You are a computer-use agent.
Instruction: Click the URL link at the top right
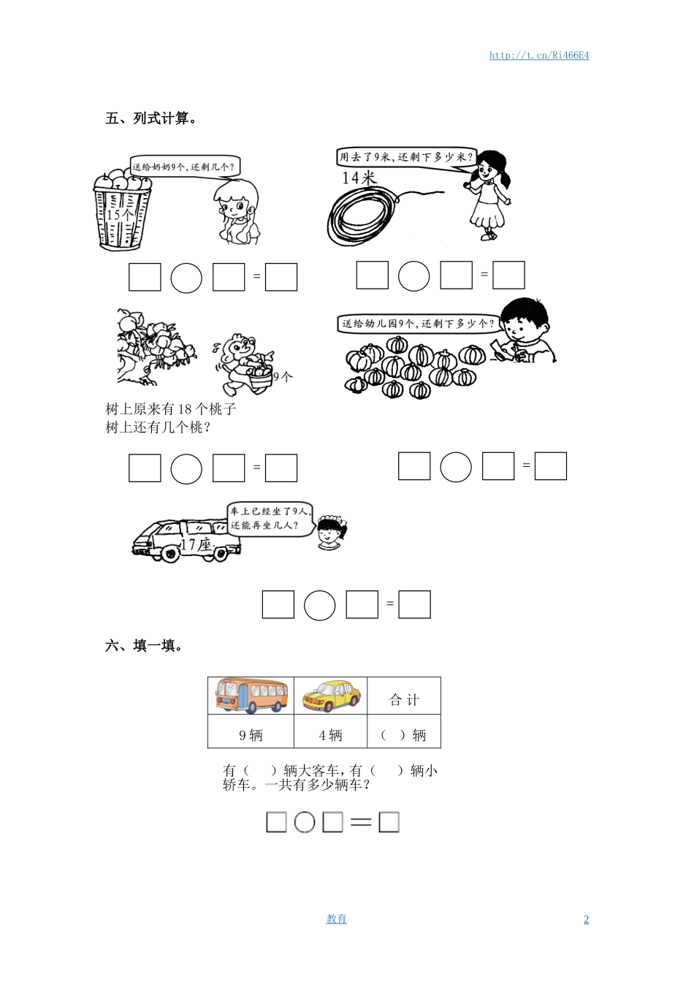539,56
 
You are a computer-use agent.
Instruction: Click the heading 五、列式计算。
151,118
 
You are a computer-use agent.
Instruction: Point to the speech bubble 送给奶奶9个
184,167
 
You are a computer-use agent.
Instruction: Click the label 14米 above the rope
358,178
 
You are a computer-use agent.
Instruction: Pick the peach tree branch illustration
154,346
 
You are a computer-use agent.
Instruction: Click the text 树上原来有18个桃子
171,409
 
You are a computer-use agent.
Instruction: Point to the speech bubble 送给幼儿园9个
417,323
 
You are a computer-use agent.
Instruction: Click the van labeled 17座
183,541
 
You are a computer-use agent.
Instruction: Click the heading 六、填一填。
145,646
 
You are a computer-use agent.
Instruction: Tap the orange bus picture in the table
251,696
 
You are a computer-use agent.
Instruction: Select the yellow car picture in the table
331,696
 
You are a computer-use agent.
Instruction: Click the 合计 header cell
404,700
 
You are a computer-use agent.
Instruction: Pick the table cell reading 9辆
251,735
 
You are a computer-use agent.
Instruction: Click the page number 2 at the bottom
586,919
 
